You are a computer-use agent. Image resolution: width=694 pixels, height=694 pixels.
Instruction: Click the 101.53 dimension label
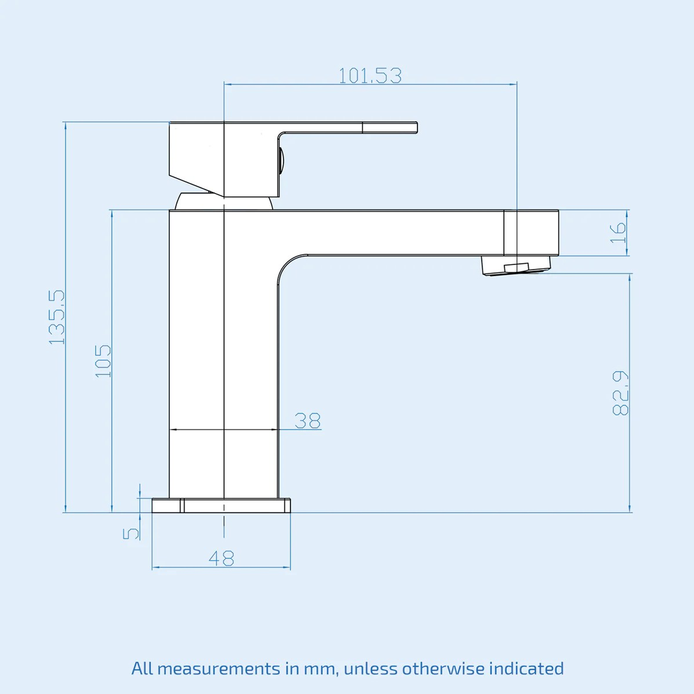tap(370, 76)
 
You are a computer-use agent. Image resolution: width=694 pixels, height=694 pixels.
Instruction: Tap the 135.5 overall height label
tap(57, 317)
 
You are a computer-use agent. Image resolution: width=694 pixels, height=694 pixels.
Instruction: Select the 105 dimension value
tap(103, 361)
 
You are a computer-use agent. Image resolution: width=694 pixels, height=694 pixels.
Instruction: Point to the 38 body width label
tap(308, 420)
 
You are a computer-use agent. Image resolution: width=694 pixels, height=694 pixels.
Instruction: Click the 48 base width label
tap(221, 558)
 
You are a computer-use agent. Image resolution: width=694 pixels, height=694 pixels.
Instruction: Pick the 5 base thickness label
tap(131, 533)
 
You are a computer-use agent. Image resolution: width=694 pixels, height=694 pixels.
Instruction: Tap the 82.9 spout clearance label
tap(620, 393)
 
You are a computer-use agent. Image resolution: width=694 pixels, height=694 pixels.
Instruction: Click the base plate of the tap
tap(221, 506)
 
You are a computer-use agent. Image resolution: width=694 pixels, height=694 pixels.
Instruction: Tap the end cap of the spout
tap(531, 233)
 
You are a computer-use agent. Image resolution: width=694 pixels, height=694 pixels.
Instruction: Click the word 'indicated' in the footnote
tap(527, 668)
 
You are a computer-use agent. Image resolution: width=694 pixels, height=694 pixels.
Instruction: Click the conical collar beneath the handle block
tap(223, 202)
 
